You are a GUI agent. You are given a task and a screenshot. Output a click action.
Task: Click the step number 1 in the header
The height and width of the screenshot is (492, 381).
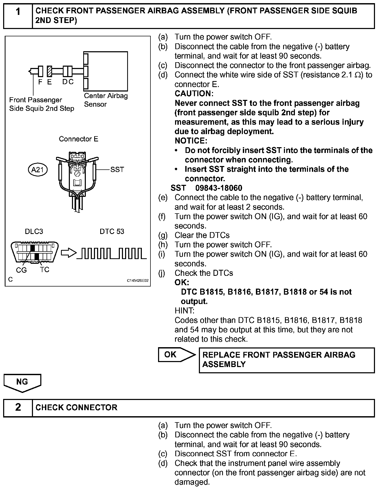(x=18, y=12)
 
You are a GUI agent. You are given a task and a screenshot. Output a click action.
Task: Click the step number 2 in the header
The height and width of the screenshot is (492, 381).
(x=18, y=407)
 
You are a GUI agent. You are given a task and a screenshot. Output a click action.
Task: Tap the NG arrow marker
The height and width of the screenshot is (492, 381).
(x=22, y=382)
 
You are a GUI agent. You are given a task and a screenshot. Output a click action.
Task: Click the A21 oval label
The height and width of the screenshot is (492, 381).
(x=38, y=170)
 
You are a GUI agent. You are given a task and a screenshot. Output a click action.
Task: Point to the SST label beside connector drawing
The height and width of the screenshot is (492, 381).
(x=117, y=170)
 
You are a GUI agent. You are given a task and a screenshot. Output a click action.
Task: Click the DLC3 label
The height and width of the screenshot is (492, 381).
(x=34, y=231)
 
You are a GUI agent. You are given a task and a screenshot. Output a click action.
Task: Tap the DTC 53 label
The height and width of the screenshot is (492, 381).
(x=112, y=231)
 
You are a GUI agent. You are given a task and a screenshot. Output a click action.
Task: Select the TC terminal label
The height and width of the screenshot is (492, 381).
(x=45, y=270)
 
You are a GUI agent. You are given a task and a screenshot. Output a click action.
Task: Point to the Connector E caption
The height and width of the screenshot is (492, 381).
(x=79, y=139)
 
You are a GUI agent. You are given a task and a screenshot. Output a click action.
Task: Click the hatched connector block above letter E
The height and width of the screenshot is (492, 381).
(x=49, y=71)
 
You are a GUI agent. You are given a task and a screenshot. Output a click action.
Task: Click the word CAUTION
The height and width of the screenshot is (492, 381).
(x=194, y=94)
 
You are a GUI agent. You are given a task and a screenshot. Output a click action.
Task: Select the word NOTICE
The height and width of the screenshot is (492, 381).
(x=191, y=141)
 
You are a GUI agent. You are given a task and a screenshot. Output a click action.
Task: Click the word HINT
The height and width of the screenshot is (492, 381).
(x=184, y=311)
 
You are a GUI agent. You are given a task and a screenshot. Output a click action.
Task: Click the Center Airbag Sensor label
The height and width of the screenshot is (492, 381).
(x=106, y=100)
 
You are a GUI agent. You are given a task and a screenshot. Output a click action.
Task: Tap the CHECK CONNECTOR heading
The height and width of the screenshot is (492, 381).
(x=76, y=407)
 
